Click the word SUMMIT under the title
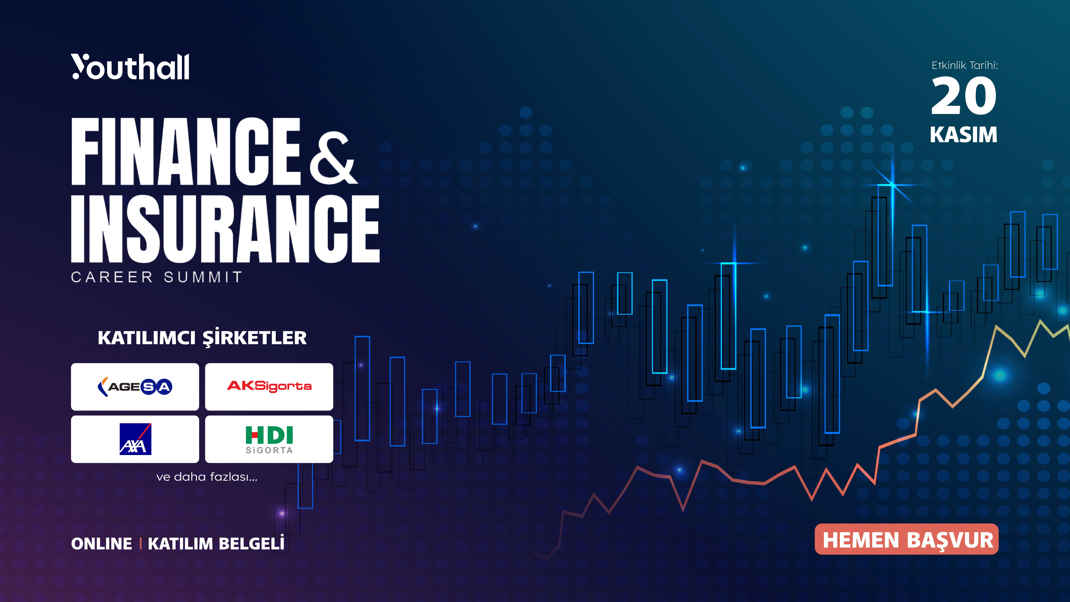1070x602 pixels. tap(203, 277)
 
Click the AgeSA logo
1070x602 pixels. tap(135, 387)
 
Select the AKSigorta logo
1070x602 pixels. tap(269, 386)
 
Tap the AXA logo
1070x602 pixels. tap(135, 439)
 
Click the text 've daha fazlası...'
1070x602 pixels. tap(207, 477)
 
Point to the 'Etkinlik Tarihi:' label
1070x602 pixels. tap(964, 65)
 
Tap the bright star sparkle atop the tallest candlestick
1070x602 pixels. tap(892, 184)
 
